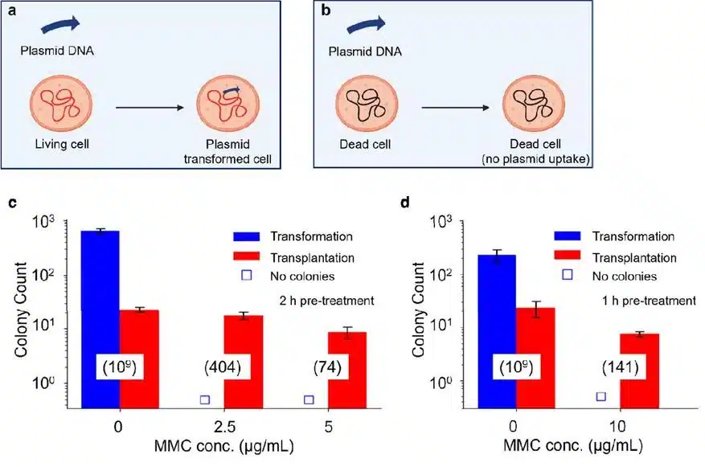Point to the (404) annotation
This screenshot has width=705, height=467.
point(223,367)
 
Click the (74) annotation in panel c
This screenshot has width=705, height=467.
point(327,367)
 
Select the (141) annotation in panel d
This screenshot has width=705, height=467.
point(621,367)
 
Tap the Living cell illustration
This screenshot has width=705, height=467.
point(61,104)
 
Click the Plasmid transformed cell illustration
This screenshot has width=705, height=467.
point(228,104)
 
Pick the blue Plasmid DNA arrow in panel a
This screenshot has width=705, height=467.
point(60,25)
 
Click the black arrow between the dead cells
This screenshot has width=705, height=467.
point(455,108)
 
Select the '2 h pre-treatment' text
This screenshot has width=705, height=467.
point(326,301)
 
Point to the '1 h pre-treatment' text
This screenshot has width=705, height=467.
point(649,301)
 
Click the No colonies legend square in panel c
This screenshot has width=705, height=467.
point(247,275)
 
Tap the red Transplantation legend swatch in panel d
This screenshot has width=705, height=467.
point(568,255)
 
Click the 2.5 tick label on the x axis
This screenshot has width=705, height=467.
point(224,426)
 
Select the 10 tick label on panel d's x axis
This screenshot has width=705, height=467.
point(617,426)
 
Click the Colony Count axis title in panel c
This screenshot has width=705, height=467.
point(21,309)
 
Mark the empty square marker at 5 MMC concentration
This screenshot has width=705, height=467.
point(309,399)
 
